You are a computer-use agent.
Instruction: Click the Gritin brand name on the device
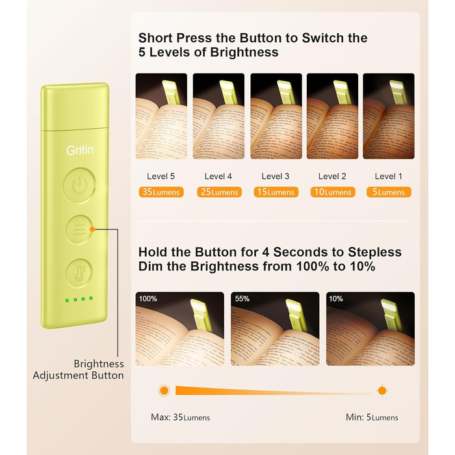80,150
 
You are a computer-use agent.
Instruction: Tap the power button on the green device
79,185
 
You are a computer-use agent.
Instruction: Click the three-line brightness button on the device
79,229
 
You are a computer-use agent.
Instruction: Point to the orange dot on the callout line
92,229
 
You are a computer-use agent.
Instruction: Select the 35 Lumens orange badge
161,192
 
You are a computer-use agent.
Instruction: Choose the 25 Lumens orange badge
219,192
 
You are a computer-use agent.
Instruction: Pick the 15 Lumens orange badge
276,192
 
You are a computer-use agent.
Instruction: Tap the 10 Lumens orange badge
333,192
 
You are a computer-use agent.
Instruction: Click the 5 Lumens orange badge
389,192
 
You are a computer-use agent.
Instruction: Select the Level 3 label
276,176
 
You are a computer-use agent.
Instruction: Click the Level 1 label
389,176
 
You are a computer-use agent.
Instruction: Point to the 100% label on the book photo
148,298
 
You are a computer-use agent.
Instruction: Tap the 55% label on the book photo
242,298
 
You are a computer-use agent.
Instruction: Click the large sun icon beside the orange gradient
164,391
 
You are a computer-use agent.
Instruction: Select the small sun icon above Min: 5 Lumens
382,391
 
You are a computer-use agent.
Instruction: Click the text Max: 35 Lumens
180,417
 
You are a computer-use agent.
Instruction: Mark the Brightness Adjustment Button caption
79,369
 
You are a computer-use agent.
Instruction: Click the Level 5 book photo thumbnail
161,116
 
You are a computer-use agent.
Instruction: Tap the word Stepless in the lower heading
374,252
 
